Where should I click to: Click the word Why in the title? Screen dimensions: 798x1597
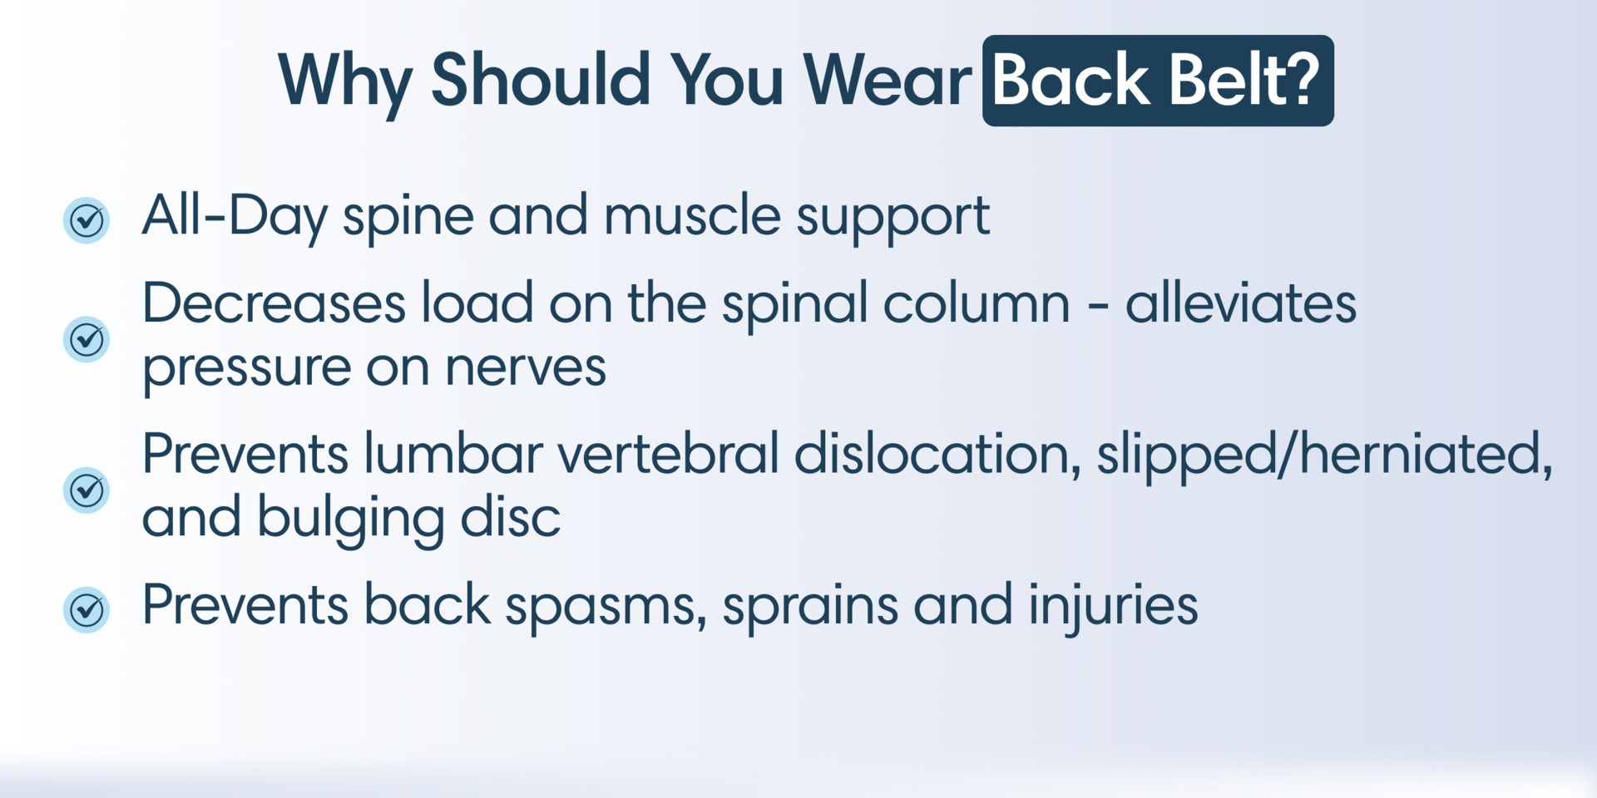(x=344, y=81)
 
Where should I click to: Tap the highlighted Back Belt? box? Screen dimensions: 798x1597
(x=1157, y=81)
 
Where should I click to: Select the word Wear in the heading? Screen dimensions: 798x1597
(x=887, y=81)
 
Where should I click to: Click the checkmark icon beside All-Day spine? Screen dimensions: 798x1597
(x=87, y=220)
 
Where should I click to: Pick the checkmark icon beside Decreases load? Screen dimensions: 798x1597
(x=87, y=339)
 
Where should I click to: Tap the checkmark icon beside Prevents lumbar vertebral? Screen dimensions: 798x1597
(x=87, y=490)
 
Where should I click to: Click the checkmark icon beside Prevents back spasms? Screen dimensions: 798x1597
(x=87, y=610)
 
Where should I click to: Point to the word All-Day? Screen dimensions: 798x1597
(x=234, y=216)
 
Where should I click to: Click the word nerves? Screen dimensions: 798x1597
(x=525, y=367)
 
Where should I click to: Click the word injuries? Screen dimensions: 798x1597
(x=1113, y=605)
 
